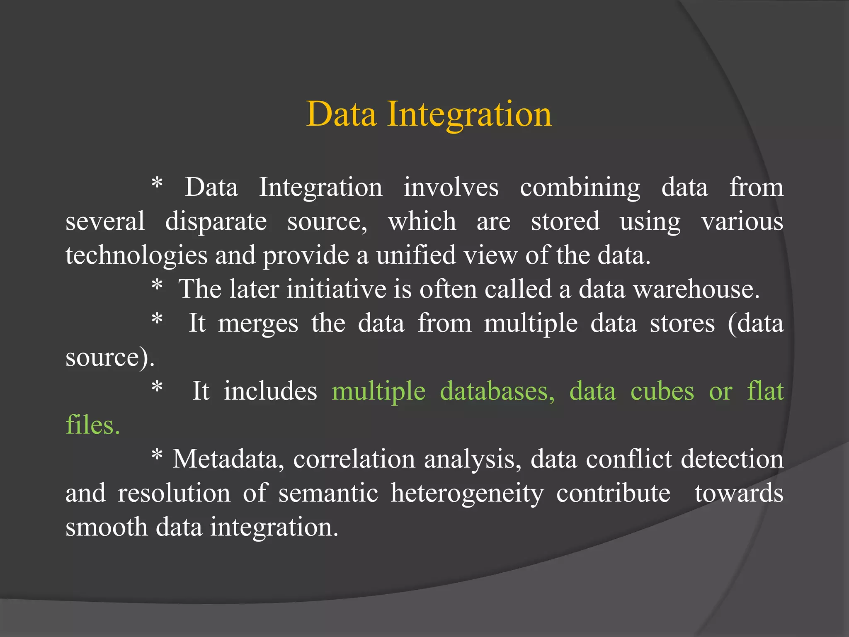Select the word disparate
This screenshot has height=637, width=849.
tap(216, 222)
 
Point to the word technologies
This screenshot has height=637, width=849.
tap(136, 256)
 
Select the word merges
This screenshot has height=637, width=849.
tap(258, 324)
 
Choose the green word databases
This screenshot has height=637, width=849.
tap(497, 391)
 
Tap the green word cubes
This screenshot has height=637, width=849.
tap(662, 391)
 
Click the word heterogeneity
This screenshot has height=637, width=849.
tap(467, 494)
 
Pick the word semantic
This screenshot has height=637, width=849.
tap(328, 493)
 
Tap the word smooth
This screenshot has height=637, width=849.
tap(107, 527)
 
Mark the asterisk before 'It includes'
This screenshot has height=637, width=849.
tap(157, 387)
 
